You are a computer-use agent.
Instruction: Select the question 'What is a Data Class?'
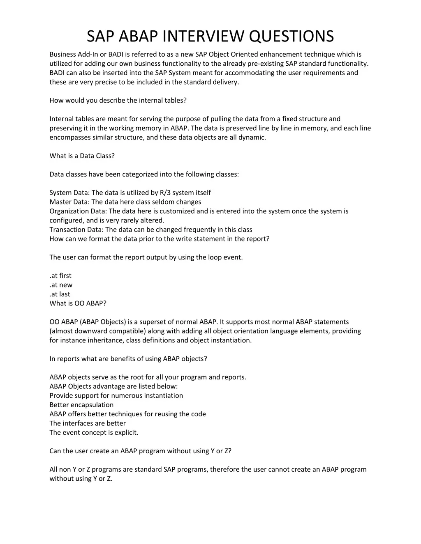click(x=82, y=156)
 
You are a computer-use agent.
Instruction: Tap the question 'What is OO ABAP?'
click(x=78, y=303)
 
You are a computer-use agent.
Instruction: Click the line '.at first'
click(x=60, y=275)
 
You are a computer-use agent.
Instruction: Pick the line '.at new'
click(x=61, y=285)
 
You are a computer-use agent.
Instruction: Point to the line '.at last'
click(x=60, y=294)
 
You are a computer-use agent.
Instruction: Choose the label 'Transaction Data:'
click(x=76, y=230)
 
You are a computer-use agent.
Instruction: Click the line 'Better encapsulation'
click(x=81, y=405)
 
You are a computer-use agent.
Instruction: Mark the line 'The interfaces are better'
click(x=88, y=423)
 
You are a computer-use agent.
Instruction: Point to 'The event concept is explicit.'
click(x=94, y=432)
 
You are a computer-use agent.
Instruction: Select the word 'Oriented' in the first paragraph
click(x=245, y=54)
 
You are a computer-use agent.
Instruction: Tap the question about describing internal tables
click(x=118, y=100)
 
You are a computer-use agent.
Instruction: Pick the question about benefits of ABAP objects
click(x=128, y=359)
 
